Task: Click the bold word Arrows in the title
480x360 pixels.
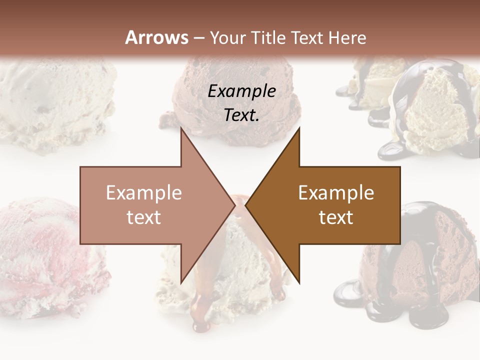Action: (x=156, y=37)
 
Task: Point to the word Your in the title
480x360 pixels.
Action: (x=225, y=37)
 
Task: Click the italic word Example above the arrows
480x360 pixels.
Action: (x=242, y=91)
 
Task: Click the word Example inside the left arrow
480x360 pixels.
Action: (x=144, y=193)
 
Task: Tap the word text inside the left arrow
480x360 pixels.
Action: (x=144, y=217)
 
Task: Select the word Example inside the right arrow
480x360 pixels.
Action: (x=336, y=193)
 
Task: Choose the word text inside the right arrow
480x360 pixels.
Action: (x=336, y=217)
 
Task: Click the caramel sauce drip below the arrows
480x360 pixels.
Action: (x=202, y=310)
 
